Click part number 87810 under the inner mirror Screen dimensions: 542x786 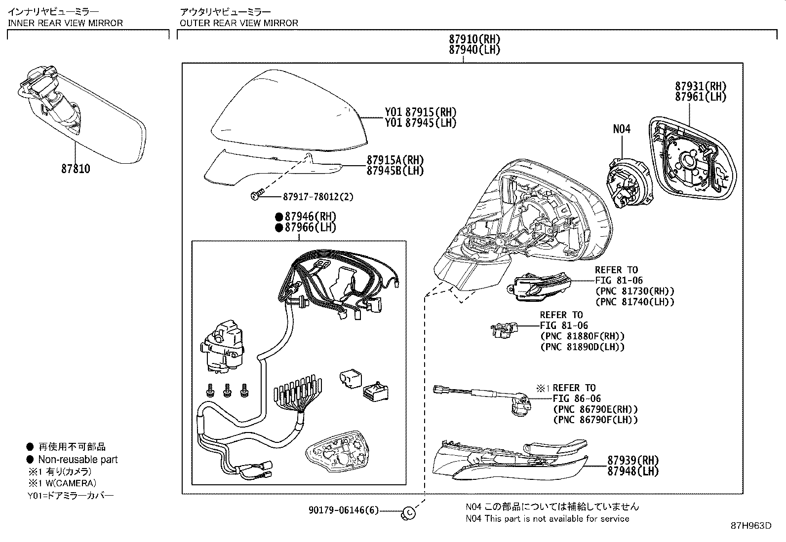tap(76, 169)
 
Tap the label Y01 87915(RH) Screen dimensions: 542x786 tap(421, 112)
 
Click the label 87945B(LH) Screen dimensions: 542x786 tap(395, 171)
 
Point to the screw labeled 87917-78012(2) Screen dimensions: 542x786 tap(256, 196)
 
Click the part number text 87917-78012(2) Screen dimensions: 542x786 tap(318, 197)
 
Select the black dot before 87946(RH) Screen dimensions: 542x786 tap(278, 217)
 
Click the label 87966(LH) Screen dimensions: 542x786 tap(310, 227)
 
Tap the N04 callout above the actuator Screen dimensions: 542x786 tap(622, 129)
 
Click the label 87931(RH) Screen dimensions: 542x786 tap(701, 86)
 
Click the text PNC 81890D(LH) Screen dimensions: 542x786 tap(583, 347)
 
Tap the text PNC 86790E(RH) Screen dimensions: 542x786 tap(595, 409)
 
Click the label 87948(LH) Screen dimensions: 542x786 tap(633, 471)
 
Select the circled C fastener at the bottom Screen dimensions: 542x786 tap(410, 513)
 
